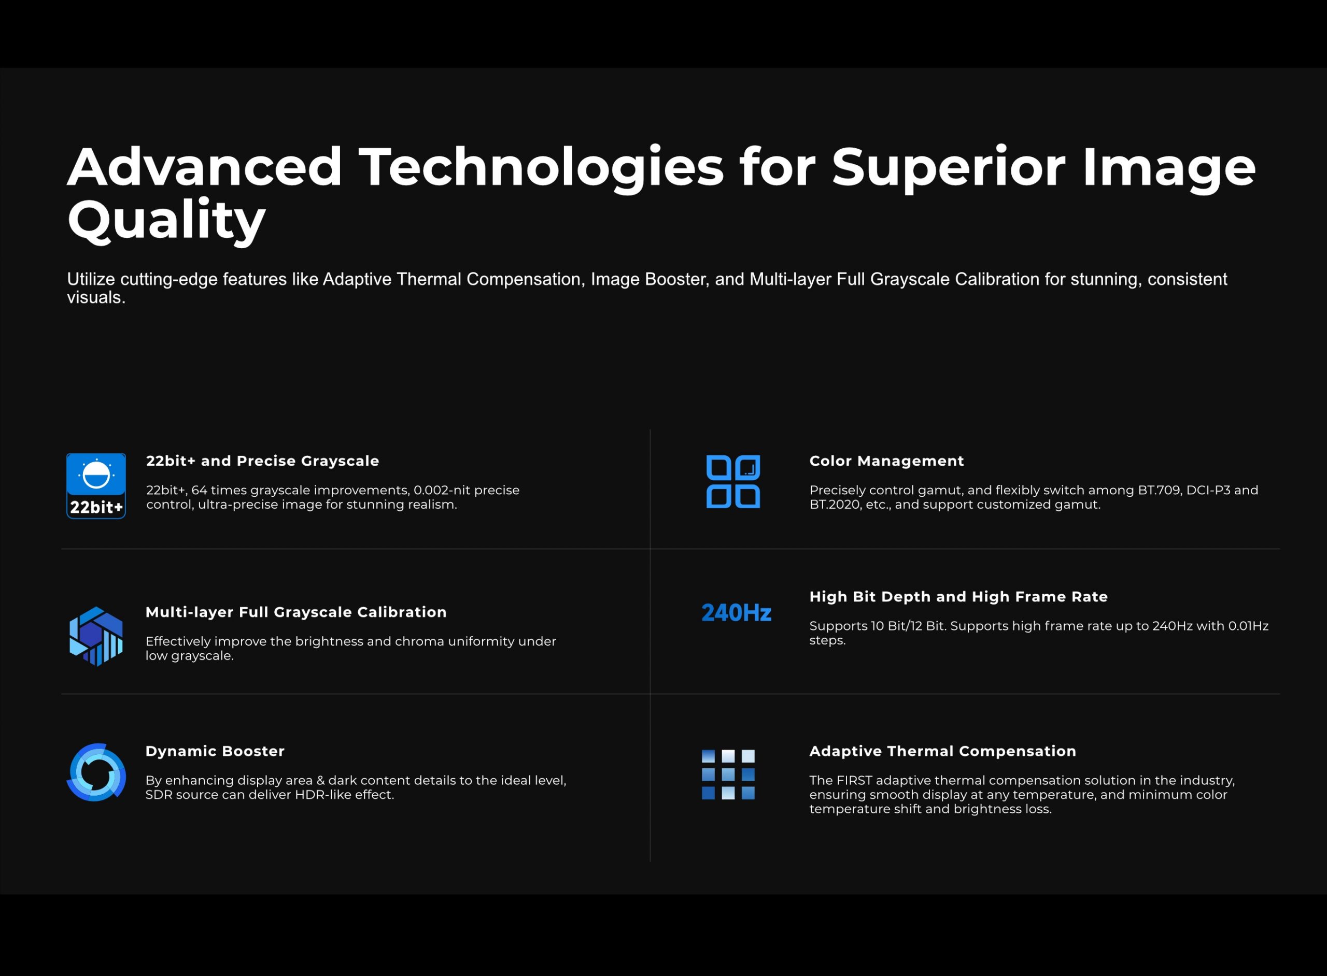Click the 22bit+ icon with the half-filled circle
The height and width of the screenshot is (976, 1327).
[x=96, y=485]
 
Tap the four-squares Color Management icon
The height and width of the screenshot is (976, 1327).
[x=733, y=481]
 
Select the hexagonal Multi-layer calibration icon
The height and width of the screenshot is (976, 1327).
[x=96, y=636]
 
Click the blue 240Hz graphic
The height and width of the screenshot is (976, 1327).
[x=737, y=613]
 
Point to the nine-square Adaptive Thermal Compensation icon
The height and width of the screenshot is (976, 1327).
[x=728, y=774]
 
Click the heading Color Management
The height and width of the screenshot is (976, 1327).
[x=886, y=461]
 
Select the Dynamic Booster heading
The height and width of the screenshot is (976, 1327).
[x=215, y=751]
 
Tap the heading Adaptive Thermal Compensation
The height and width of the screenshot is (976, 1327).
[x=943, y=751]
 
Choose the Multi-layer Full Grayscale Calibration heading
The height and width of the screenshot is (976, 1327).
[x=296, y=612]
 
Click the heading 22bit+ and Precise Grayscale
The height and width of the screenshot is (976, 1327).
[x=262, y=461]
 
